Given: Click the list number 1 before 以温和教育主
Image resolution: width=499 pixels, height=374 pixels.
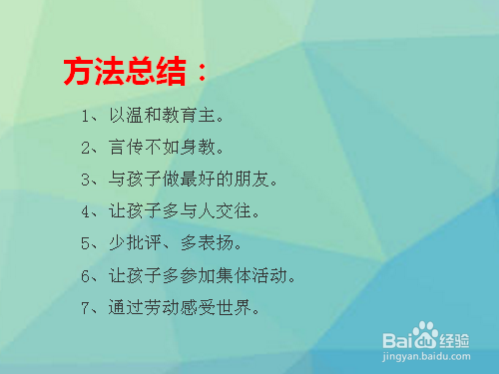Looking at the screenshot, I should tap(87, 117).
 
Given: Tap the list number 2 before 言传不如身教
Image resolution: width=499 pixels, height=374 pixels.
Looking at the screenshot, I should tap(87, 149).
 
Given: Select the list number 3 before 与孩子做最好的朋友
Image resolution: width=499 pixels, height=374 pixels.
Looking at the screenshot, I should tap(87, 181).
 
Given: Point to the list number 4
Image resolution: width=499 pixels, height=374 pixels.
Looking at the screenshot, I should tap(87, 211).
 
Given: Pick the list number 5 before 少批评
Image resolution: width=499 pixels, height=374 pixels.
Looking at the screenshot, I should tap(87, 243).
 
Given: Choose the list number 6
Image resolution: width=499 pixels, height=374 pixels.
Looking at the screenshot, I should tap(87, 274).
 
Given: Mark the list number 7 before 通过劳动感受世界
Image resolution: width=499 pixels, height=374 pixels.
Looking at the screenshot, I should tap(87, 306).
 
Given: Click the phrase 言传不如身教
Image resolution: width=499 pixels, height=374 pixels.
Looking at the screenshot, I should tap(166, 149).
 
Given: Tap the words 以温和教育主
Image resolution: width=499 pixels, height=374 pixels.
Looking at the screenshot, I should tap(166, 117).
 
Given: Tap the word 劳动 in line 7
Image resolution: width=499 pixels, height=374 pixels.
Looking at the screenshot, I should tap(166, 306).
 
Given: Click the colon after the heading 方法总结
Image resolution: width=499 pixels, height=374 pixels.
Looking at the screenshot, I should tap(203, 73).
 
